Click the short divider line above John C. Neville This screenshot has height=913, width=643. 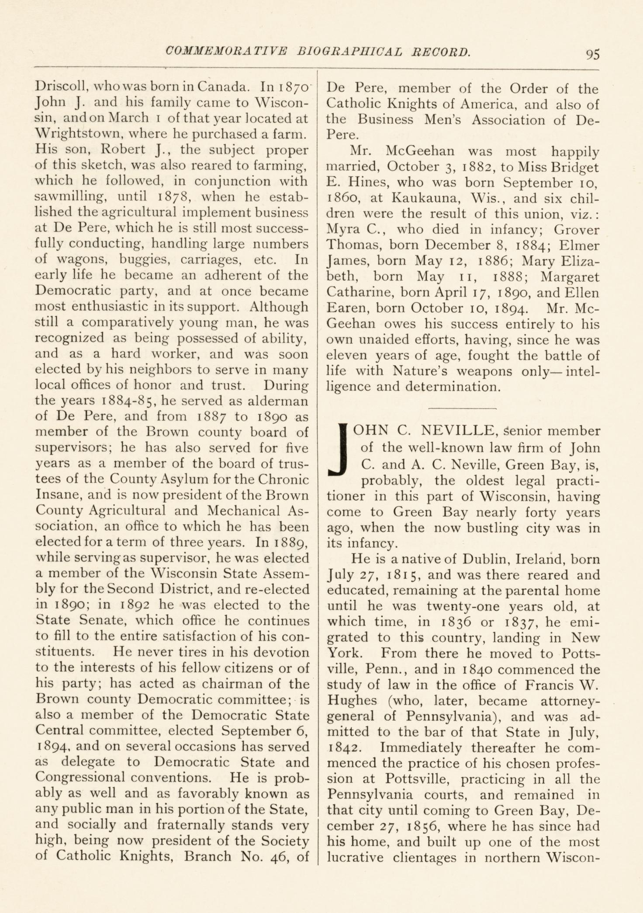463,408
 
